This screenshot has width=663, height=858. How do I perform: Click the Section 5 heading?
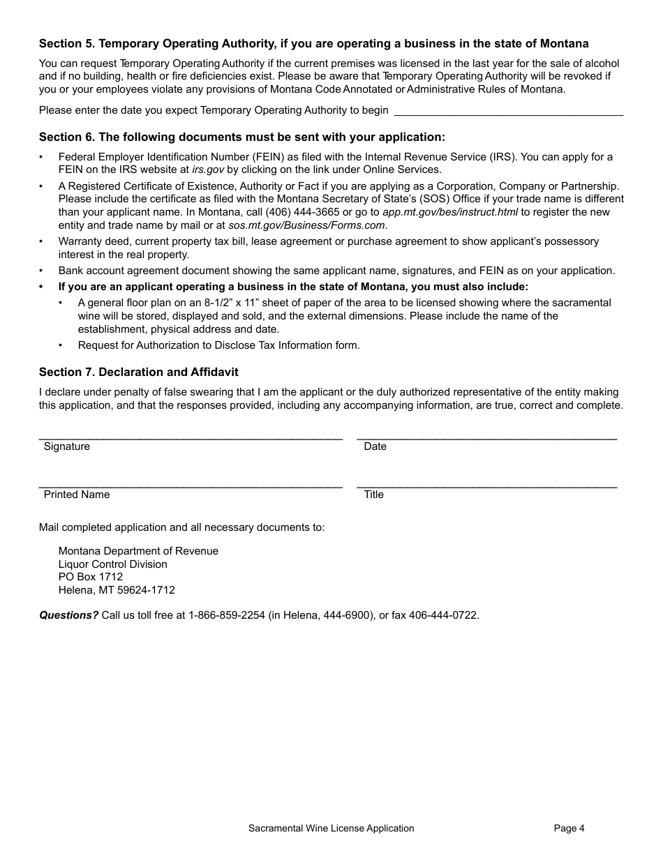tap(313, 43)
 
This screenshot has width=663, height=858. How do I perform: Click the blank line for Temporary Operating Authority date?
tap(508, 110)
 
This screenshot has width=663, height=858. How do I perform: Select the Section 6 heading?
tap(241, 137)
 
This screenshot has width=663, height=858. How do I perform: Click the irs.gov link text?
tap(208, 170)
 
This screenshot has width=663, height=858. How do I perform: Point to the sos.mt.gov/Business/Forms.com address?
tap(308, 225)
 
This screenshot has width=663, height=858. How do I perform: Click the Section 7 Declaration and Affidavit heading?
tap(138, 372)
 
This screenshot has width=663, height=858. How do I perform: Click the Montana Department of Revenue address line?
tap(138, 551)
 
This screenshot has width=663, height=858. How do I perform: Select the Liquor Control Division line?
tap(112, 564)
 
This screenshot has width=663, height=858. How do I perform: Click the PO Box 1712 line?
tap(91, 577)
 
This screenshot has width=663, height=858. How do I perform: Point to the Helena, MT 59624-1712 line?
tap(117, 590)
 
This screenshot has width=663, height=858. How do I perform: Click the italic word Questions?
tap(68, 615)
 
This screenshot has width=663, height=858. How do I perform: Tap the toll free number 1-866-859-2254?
tap(227, 615)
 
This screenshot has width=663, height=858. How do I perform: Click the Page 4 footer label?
tap(569, 828)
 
